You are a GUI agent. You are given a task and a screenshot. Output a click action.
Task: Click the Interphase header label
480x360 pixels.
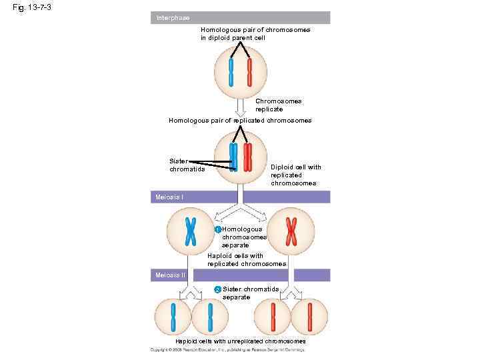pyautogui.click(x=172, y=17)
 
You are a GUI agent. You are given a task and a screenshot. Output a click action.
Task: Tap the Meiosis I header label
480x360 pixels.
pyautogui.click(x=170, y=197)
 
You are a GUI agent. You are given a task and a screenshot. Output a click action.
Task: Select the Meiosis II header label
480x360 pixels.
pyautogui.click(x=171, y=275)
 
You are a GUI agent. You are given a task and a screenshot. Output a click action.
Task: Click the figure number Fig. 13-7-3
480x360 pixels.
pyautogui.click(x=31, y=7)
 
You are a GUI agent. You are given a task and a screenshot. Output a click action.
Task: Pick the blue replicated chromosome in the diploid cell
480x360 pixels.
pyautogui.click(x=233, y=157)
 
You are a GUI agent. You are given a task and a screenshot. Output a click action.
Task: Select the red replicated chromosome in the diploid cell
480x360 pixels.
pyautogui.click(x=248, y=157)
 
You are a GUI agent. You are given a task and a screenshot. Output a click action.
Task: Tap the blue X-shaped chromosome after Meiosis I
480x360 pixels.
pyautogui.click(x=190, y=231)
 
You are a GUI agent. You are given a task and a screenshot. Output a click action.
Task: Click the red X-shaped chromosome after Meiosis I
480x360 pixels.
pyautogui.click(x=291, y=231)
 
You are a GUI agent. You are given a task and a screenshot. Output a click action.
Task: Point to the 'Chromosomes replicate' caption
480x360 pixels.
pyautogui.click(x=278, y=105)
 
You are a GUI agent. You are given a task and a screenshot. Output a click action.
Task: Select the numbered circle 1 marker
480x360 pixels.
pyautogui.click(x=218, y=230)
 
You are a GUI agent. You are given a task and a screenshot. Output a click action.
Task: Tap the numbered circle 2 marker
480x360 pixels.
pyautogui.click(x=218, y=289)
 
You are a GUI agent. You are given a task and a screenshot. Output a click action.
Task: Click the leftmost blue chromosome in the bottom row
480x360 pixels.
pyautogui.click(x=173, y=317)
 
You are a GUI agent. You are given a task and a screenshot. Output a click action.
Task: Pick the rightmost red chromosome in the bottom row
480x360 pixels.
pyautogui.click(x=309, y=317)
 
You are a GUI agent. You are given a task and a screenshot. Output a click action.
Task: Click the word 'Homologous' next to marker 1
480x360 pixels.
pyautogui.click(x=242, y=229)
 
